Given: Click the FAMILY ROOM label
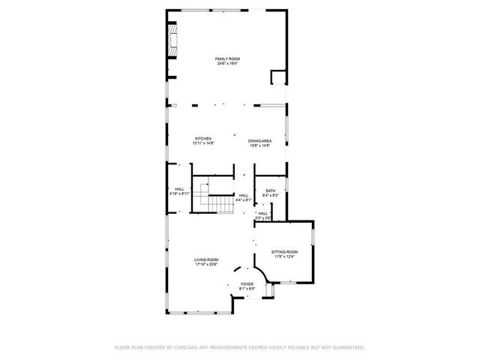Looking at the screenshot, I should click(x=227, y=58).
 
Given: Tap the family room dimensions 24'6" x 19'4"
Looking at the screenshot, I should click(x=227, y=64).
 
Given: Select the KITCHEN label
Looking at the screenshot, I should click(x=203, y=138).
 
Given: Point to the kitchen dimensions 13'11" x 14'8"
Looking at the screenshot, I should click(x=203, y=143).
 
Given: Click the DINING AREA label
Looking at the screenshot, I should click(x=259, y=139).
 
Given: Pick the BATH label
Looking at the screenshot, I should click(x=270, y=190).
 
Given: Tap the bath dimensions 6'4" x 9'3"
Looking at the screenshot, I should click(x=270, y=196).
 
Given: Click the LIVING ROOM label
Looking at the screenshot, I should click(x=206, y=259).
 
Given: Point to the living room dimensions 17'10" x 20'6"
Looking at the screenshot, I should click(x=206, y=265).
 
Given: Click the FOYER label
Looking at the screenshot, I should click(x=247, y=284).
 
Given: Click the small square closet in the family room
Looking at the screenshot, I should click(x=278, y=78).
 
